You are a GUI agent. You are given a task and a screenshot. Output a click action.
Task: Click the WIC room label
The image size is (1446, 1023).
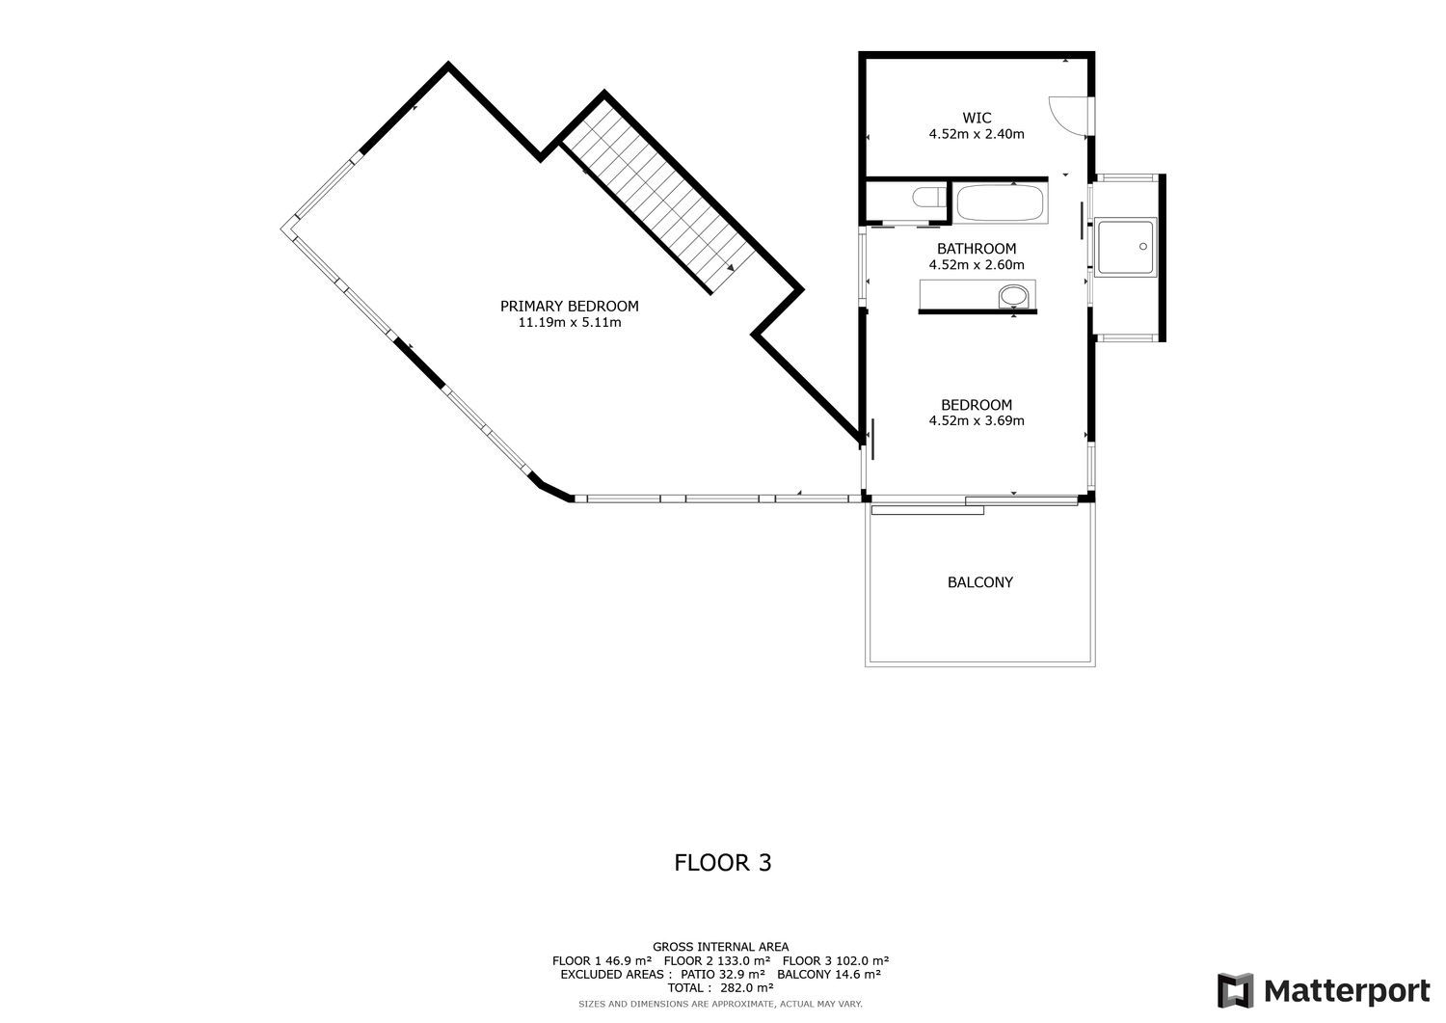(976, 119)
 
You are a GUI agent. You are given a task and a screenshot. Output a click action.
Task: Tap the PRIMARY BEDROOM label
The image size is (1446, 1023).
(570, 306)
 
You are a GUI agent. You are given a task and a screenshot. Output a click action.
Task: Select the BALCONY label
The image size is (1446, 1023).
(980, 582)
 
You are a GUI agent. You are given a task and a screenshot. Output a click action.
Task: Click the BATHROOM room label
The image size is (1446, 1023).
(976, 249)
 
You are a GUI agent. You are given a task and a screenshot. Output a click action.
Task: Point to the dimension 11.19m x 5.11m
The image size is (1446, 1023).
(570, 322)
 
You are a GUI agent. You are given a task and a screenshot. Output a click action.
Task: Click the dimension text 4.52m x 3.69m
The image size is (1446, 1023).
(976, 421)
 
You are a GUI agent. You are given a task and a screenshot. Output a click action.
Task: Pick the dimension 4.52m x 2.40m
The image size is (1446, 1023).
(976, 134)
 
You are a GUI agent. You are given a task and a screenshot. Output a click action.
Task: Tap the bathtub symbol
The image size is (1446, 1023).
(1000, 202)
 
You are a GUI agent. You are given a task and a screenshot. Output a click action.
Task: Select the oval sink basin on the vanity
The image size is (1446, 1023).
(1013, 296)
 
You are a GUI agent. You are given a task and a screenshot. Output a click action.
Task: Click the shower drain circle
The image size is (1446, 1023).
(1142, 246)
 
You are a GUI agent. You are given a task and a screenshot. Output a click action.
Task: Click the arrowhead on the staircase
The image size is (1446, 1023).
(730, 267)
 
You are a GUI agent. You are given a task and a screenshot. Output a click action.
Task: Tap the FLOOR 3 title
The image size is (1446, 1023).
(722, 863)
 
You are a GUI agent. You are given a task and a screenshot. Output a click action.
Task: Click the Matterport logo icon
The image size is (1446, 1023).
(1235, 990)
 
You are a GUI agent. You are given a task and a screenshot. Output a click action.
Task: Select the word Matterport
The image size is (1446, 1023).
(1347, 991)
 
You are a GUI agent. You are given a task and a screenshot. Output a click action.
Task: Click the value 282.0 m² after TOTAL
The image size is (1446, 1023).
(747, 988)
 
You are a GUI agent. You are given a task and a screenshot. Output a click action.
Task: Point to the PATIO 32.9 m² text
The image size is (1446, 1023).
(723, 975)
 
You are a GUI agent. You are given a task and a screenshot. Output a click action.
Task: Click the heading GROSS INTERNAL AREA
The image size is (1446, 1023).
(720, 948)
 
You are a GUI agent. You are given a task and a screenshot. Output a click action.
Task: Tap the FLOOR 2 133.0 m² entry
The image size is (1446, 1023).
(717, 961)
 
